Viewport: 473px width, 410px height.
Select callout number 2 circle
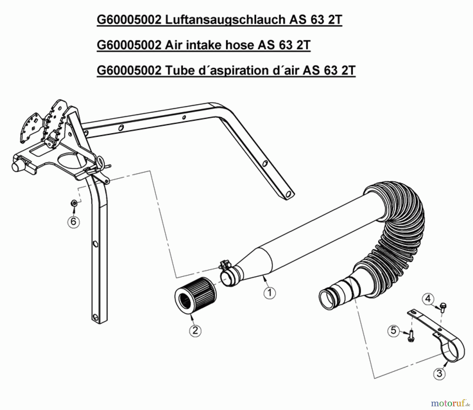pyautogui.click(x=195, y=331)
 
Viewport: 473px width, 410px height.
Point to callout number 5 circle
pyautogui.click(x=393, y=331)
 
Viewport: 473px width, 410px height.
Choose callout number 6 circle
pyautogui.click(x=73, y=222)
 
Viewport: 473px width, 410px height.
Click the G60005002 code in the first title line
pyautogui.click(x=129, y=20)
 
